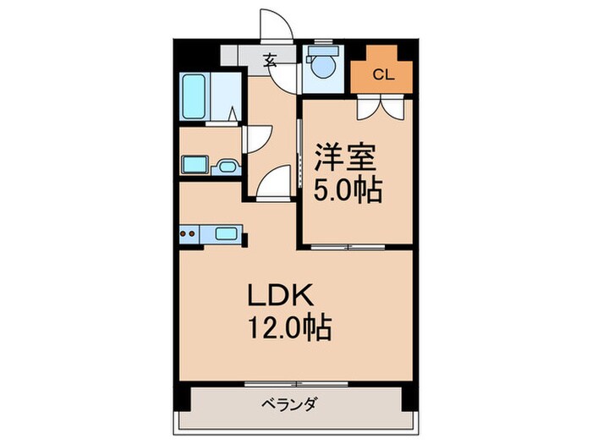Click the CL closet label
383,74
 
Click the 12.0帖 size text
288,326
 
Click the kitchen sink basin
227,233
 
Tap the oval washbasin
227,166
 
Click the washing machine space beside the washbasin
194,165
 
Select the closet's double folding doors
379,106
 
